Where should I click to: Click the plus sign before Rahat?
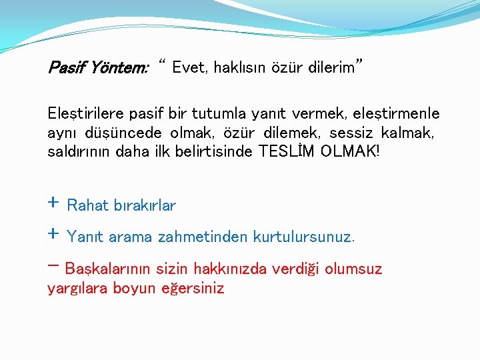coord(53,203)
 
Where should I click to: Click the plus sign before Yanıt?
coord(53,234)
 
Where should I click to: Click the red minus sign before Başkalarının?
coord(53,266)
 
